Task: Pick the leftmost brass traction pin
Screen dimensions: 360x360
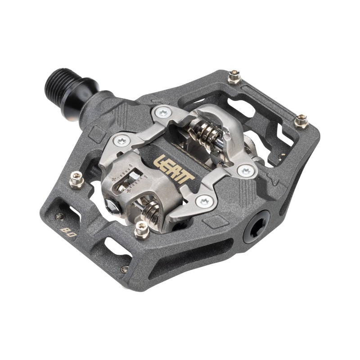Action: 76,181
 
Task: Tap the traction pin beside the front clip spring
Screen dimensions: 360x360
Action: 141,230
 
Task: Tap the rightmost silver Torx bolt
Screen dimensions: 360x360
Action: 246,171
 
